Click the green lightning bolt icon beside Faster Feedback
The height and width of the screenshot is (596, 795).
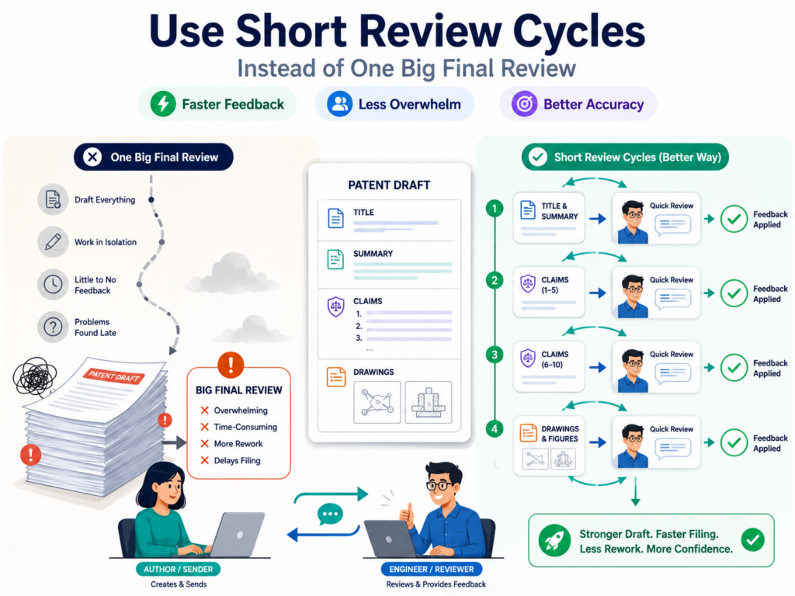tap(163, 104)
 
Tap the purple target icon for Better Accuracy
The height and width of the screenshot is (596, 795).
tap(524, 104)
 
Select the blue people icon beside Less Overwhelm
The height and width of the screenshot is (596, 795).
tap(339, 104)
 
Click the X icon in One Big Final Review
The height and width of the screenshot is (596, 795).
tap(92, 157)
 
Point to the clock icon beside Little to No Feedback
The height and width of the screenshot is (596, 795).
tap(53, 284)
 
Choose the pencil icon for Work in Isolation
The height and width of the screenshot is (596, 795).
tap(53, 242)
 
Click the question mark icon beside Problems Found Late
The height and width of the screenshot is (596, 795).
tap(53, 327)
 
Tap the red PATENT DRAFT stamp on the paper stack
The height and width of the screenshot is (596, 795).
tap(113, 376)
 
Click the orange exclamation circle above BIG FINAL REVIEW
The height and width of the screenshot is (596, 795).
tap(231, 365)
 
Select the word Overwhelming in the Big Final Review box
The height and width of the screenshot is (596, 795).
tap(241, 411)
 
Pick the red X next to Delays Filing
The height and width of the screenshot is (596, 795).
tap(204, 460)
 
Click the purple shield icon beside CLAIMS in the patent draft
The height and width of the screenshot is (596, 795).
tap(335, 307)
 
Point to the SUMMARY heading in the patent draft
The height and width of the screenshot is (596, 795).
tap(373, 254)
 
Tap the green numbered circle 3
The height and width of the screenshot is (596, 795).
tap(495, 355)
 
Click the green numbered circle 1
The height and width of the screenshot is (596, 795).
tap(495, 208)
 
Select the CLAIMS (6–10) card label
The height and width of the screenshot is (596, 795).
tap(554, 359)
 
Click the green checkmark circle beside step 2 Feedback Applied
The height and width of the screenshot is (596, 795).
tap(734, 293)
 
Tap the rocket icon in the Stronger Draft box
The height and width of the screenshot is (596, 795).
tap(554, 540)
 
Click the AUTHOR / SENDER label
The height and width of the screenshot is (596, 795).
tap(178, 569)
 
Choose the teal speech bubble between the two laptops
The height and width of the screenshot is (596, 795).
tap(330, 515)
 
